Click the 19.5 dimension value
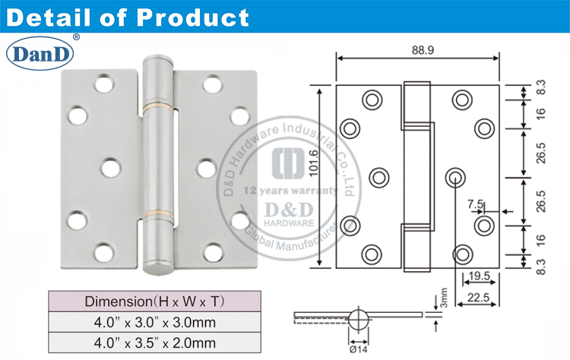tap(478, 276)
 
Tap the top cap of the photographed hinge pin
tap(157, 60)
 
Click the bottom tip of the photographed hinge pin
tap(157, 267)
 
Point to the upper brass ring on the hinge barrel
tap(157, 105)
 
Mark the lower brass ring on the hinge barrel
tap(157, 210)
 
